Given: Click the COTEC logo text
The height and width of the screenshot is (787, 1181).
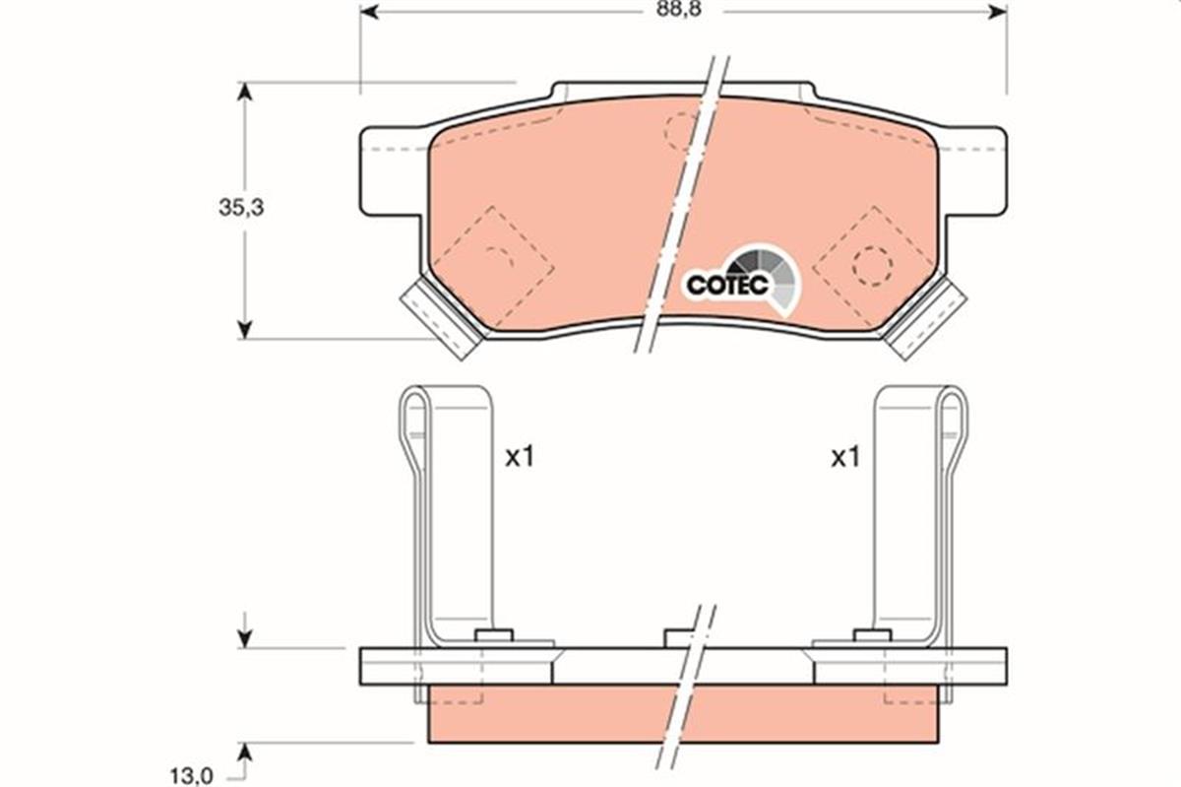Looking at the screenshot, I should [726, 285].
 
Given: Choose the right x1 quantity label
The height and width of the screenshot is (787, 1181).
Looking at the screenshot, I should [845, 458].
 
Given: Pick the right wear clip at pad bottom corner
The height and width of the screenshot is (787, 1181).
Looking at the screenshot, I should [924, 318].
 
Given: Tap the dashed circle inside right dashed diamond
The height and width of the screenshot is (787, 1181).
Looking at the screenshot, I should [872, 265].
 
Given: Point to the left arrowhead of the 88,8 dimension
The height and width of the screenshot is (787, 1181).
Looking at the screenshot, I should [368, 11].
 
